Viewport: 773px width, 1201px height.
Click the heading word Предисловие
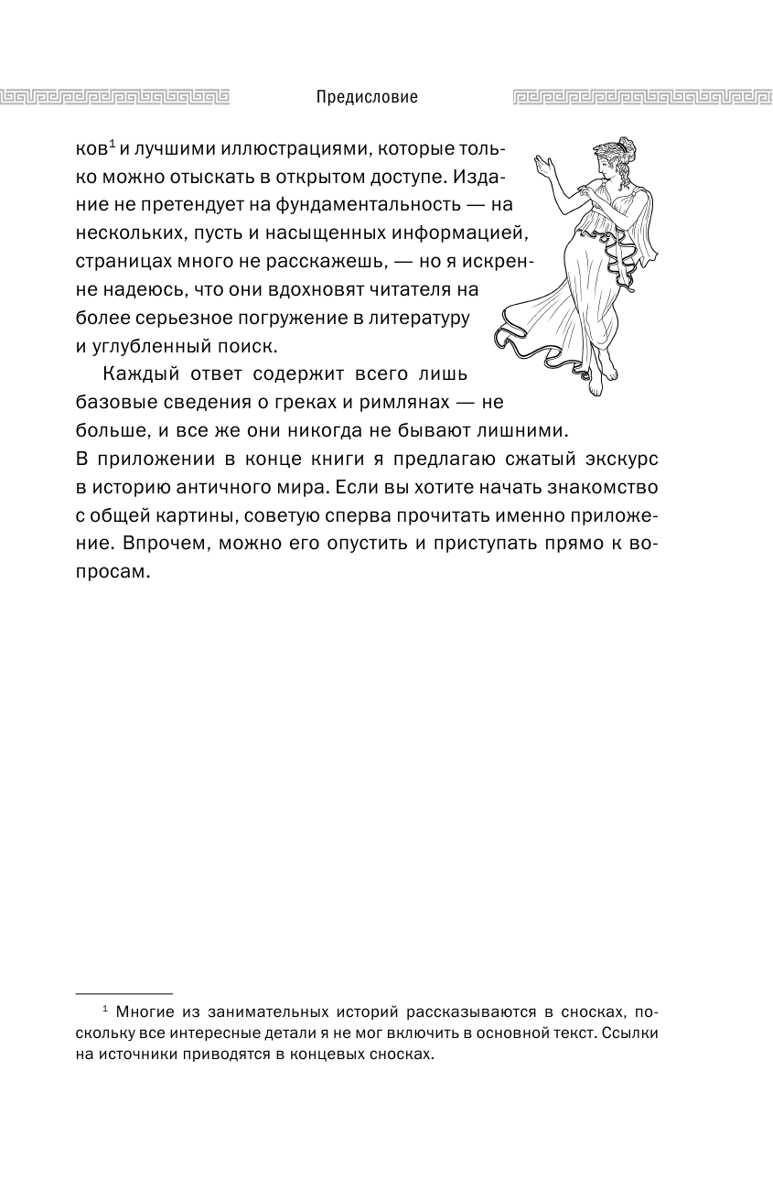pyautogui.click(x=366, y=97)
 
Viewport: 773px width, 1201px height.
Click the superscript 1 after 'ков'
pyautogui.click(x=111, y=141)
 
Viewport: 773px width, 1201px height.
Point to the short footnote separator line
pyautogui.click(x=123, y=993)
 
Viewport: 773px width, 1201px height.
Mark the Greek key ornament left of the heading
pyautogui.click(x=114, y=96)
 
